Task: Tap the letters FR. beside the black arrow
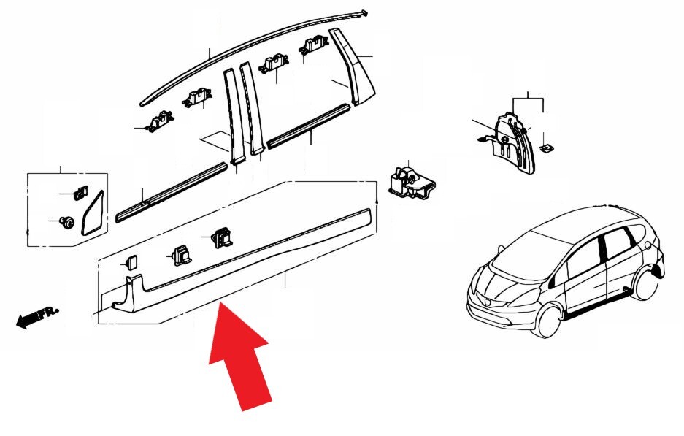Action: point(49,313)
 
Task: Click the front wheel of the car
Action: point(548,321)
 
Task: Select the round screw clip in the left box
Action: point(67,222)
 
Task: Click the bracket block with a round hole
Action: point(410,182)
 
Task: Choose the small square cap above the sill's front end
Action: point(131,263)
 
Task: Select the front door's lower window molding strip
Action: point(172,193)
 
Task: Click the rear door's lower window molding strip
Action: point(309,126)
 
